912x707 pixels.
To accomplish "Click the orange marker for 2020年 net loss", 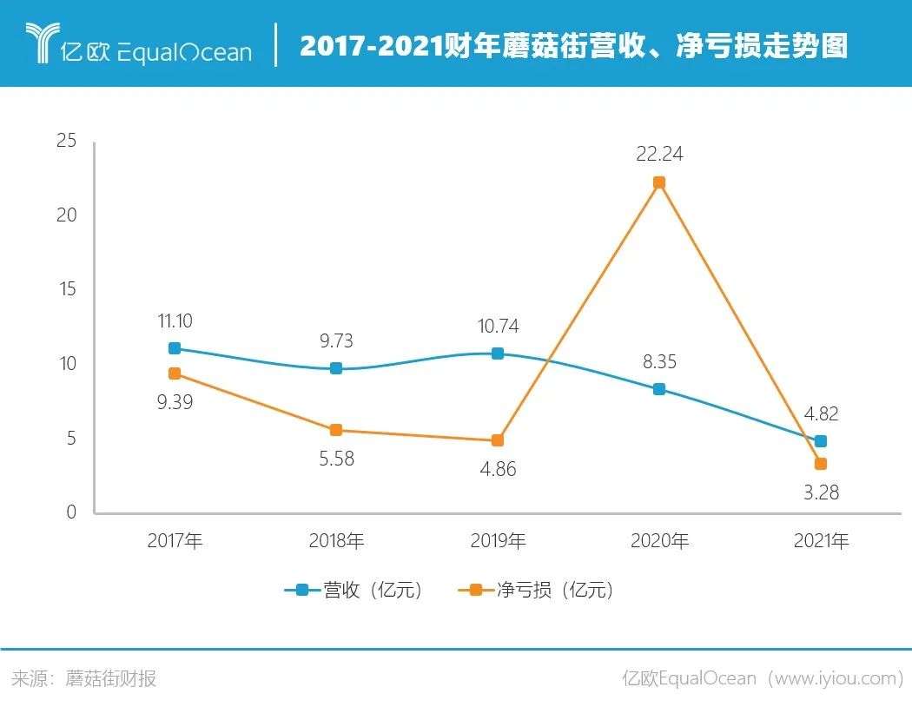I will (659, 182).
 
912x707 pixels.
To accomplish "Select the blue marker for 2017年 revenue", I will (175, 348).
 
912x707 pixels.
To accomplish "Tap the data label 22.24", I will (659, 155).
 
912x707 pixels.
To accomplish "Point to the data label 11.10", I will (175, 320).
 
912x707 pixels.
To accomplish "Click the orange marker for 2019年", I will (498, 440).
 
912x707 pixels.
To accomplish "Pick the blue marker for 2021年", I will (821, 441).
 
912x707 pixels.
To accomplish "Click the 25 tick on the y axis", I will (66, 141).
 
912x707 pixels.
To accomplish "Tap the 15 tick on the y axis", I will (66, 289).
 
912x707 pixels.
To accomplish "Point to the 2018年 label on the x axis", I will (336, 541).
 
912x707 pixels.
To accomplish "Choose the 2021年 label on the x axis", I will (821, 541).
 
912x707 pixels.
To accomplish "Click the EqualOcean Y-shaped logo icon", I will (40, 43).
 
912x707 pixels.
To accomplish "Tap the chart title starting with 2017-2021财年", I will (573, 45).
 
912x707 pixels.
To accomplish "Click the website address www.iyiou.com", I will (834, 678).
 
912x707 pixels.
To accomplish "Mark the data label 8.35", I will (659, 362).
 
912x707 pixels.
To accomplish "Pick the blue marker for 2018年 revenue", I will (336, 368).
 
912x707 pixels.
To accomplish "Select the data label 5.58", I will (336, 459).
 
